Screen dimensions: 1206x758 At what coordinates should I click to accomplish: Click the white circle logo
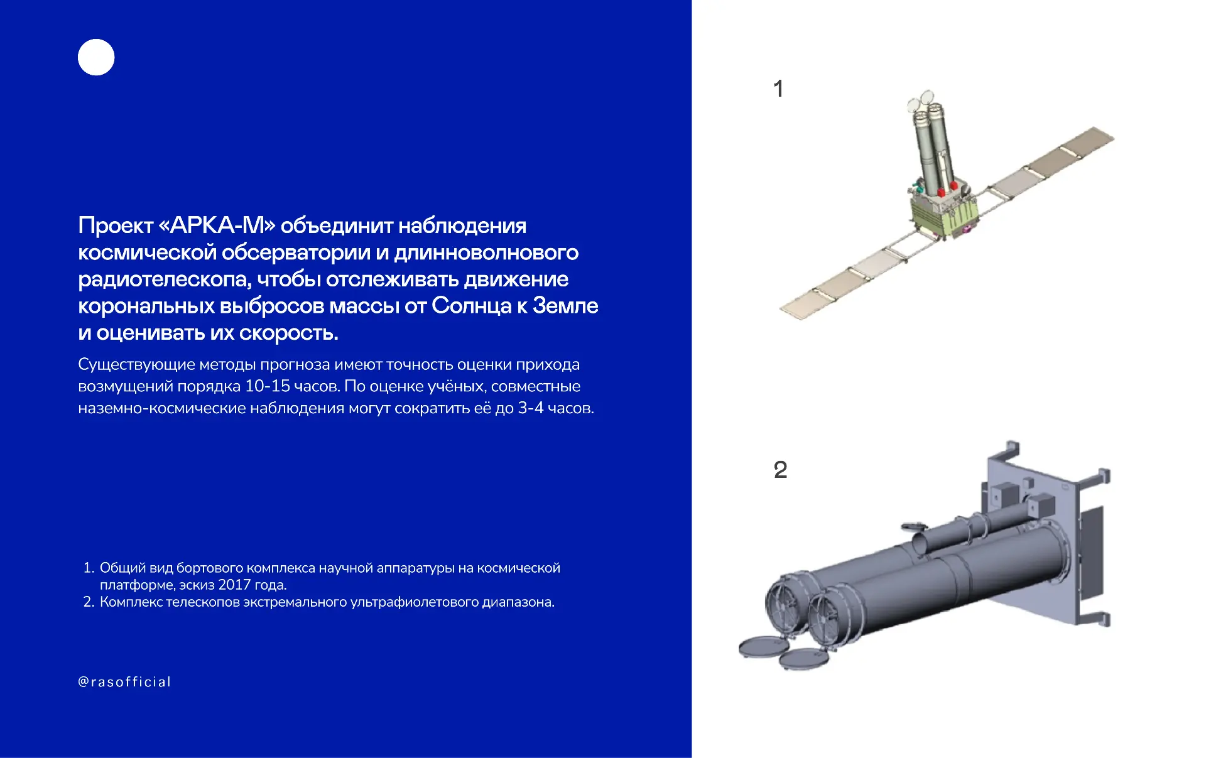click(96, 57)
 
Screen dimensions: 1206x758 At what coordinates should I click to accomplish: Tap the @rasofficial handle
click(124, 682)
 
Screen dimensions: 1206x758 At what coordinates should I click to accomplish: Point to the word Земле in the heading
click(565, 306)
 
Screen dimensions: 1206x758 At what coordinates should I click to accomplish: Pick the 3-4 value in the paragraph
click(531, 408)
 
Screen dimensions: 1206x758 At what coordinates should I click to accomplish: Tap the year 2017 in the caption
click(234, 585)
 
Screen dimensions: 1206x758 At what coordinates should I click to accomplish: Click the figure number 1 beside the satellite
click(778, 89)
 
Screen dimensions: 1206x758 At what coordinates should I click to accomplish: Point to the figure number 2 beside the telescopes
click(780, 470)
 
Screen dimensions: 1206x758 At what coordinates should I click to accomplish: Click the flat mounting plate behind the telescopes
click(1030, 534)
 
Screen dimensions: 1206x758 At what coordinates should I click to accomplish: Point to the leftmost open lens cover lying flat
click(763, 647)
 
